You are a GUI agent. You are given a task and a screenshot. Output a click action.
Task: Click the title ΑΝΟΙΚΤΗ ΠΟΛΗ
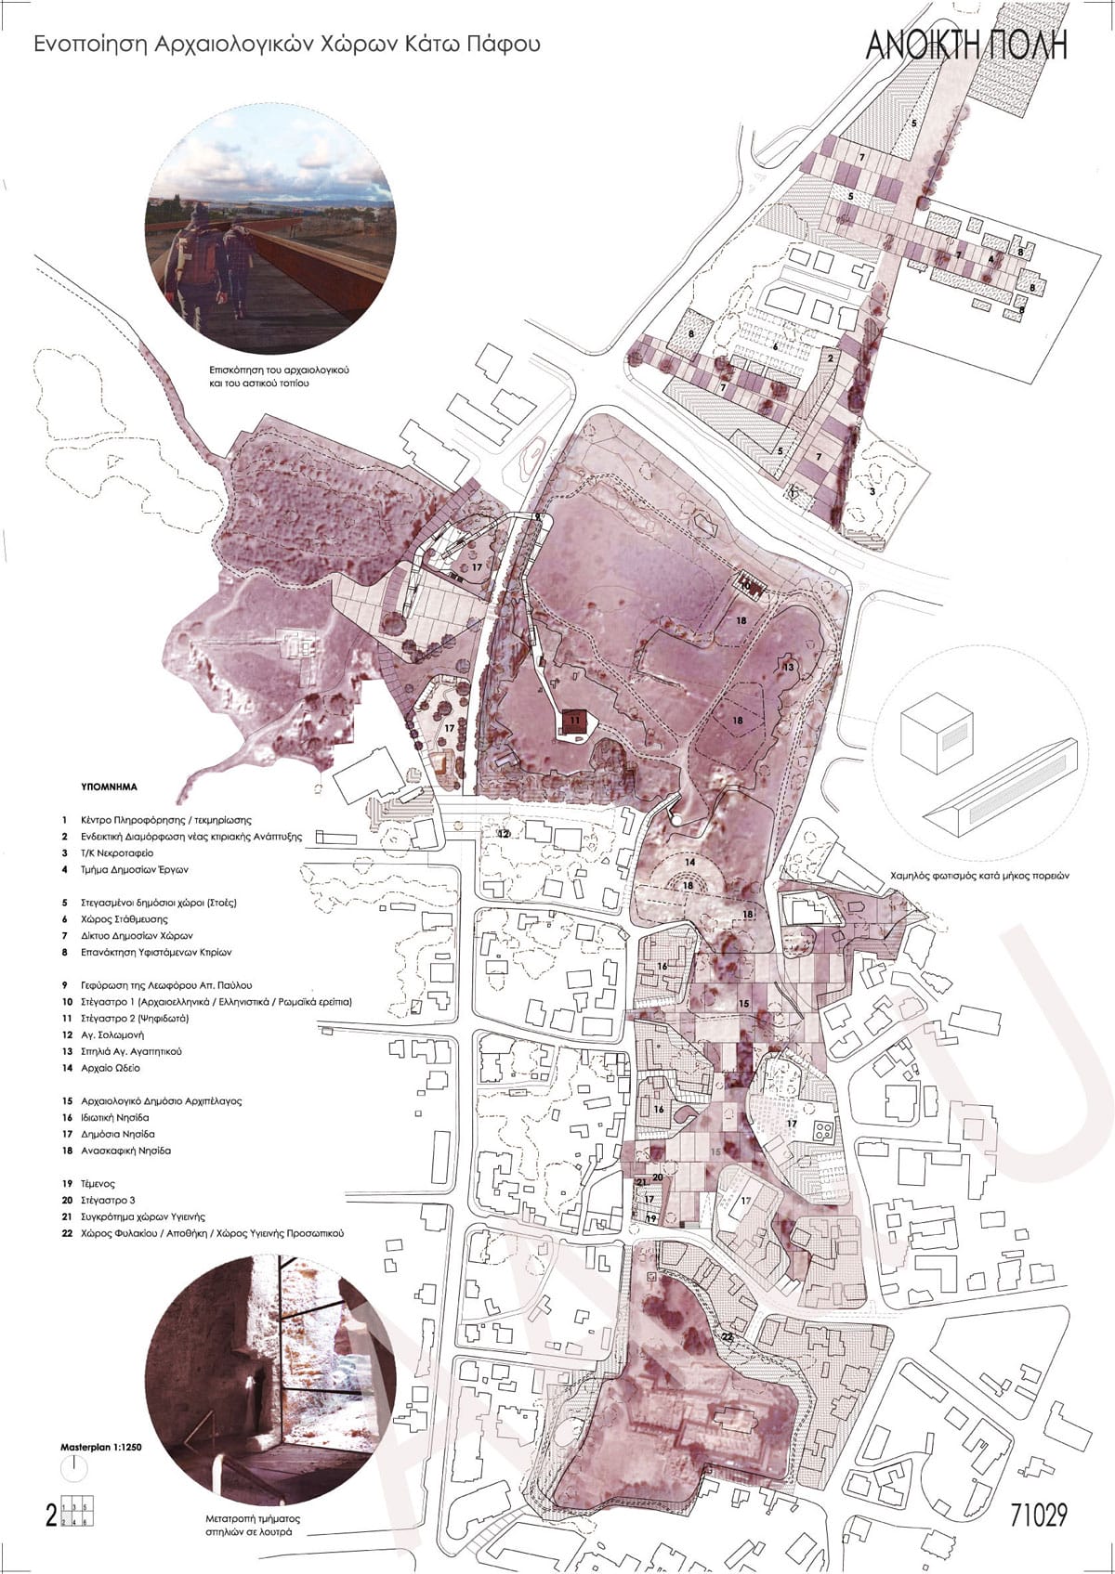tap(966, 46)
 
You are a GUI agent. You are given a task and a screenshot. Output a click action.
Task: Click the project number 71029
tap(1038, 1515)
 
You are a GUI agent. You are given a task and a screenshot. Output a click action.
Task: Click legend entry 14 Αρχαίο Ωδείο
tap(102, 1068)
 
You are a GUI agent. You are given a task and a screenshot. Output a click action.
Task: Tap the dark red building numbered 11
tap(574, 721)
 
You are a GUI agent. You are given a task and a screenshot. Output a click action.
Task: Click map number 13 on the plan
tap(789, 667)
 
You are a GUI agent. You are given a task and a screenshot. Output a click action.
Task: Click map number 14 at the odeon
tap(690, 863)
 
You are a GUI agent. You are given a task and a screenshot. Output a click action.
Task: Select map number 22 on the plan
tap(727, 1336)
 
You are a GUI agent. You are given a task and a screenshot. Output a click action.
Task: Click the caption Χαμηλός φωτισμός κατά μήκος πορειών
tap(982, 875)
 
